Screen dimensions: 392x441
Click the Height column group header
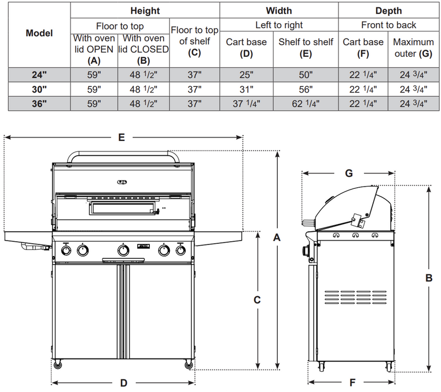tap(145, 10)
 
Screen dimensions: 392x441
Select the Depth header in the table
tap(389, 10)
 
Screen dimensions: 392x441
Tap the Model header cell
tap(39, 33)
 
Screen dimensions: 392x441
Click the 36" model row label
tap(39, 102)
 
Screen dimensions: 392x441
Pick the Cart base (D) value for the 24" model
tap(246, 74)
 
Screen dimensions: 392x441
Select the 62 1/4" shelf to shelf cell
tap(305, 102)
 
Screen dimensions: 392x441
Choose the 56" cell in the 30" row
tap(305, 88)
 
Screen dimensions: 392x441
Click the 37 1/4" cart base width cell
tap(246, 102)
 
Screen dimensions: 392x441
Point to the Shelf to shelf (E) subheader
tap(305, 48)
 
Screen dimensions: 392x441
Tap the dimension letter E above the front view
tap(121, 139)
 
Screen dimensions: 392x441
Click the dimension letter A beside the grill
tap(277, 237)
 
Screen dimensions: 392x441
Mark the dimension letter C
tap(257, 300)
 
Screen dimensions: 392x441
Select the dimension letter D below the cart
tap(124, 383)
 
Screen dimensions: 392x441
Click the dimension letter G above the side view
tap(348, 173)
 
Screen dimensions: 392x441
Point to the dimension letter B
tap(429, 279)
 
